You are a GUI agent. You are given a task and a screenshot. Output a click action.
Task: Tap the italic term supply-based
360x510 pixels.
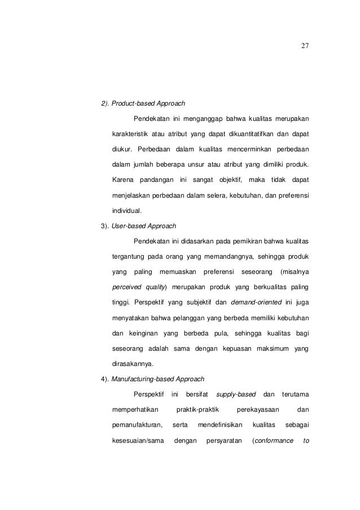point(237,394)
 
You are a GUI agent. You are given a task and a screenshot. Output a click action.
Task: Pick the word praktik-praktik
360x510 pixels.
point(196,409)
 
